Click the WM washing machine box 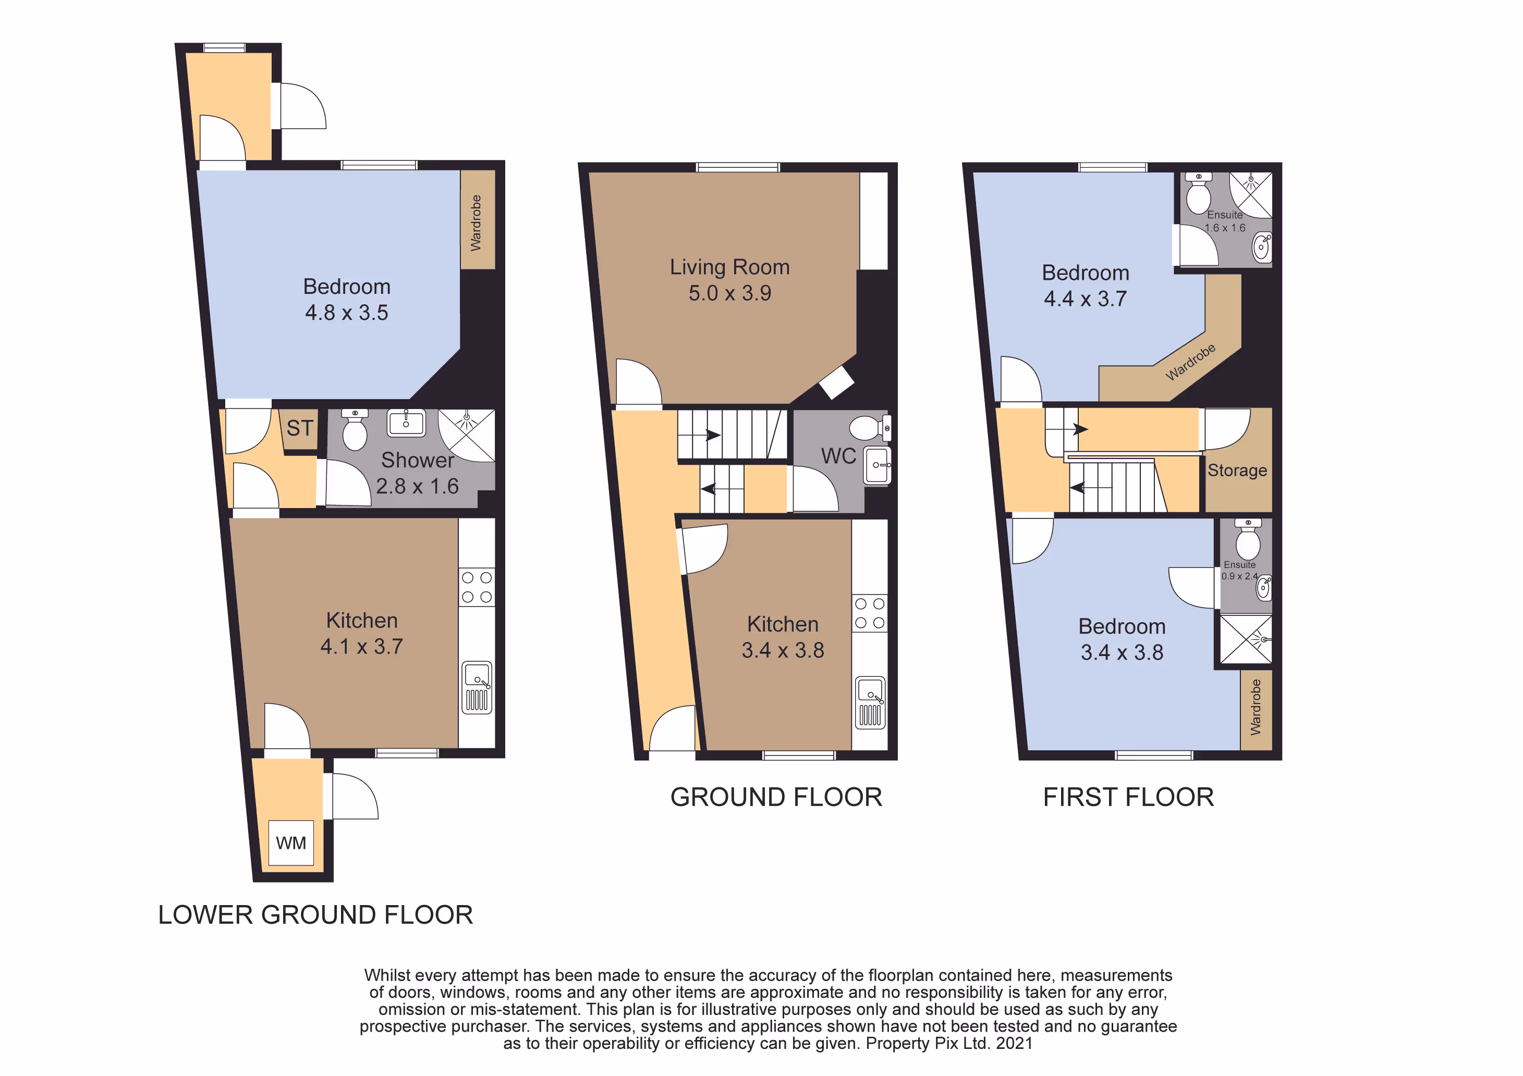click(291, 843)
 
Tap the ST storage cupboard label click(300, 428)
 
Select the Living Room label click(729, 267)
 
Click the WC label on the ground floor click(838, 456)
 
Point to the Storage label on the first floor click(1237, 470)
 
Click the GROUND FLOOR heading click(776, 797)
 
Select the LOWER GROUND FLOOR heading click(316, 915)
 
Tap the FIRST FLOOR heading click(1128, 797)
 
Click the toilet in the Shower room click(355, 429)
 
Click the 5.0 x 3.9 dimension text click(729, 293)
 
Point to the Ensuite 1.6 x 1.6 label click(1225, 221)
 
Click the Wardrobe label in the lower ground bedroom click(476, 223)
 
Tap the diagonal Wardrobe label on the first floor click(1191, 362)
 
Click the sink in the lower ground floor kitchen click(477, 687)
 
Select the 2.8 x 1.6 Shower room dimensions click(417, 487)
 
